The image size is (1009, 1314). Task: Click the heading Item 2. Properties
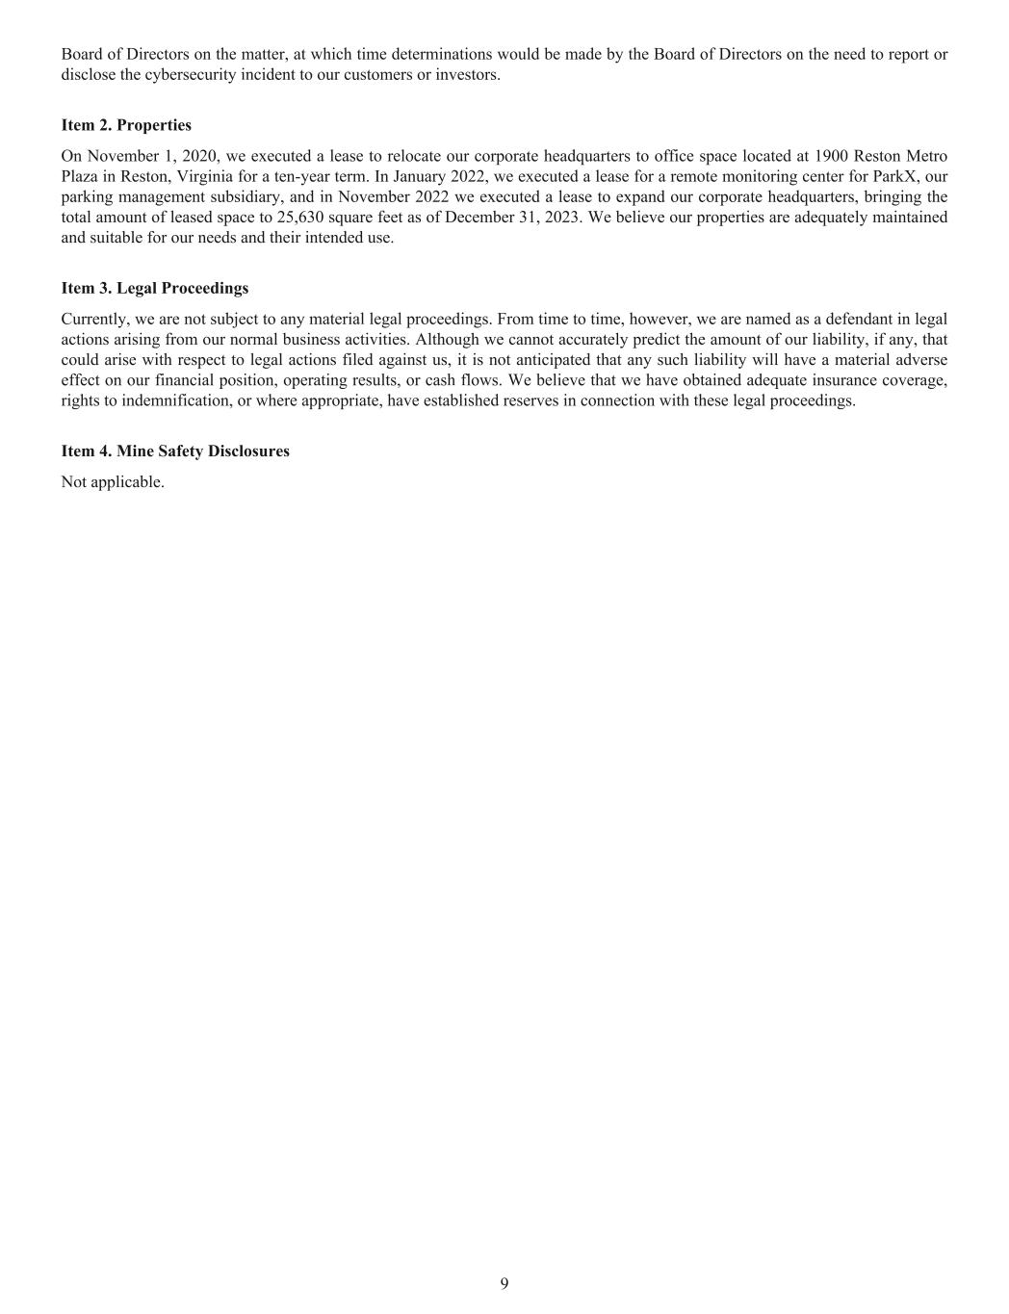pyautogui.click(x=126, y=125)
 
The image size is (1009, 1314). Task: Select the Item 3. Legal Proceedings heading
pyautogui.click(x=154, y=288)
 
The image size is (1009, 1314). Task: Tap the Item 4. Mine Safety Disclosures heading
pyautogui.click(x=175, y=451)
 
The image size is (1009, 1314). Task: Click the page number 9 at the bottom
pyautogui.click(x=504, y=1283)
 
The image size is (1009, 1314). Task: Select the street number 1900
pyautogui.click(x=832, y=156)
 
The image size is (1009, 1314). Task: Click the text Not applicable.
pyautogui.click(x=113, y=481)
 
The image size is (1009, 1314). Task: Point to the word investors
pyautogui.click(x=467, y=74)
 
